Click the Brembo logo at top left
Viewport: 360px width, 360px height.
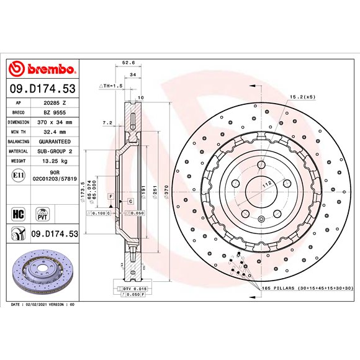[x=43, y=69]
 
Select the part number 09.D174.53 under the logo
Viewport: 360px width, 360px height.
[x=43, y=89]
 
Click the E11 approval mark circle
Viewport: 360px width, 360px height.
[x=18, y=176]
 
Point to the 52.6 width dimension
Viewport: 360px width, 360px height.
[x=128, y=63]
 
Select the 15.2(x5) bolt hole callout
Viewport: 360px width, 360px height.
[x=302, y=97]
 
